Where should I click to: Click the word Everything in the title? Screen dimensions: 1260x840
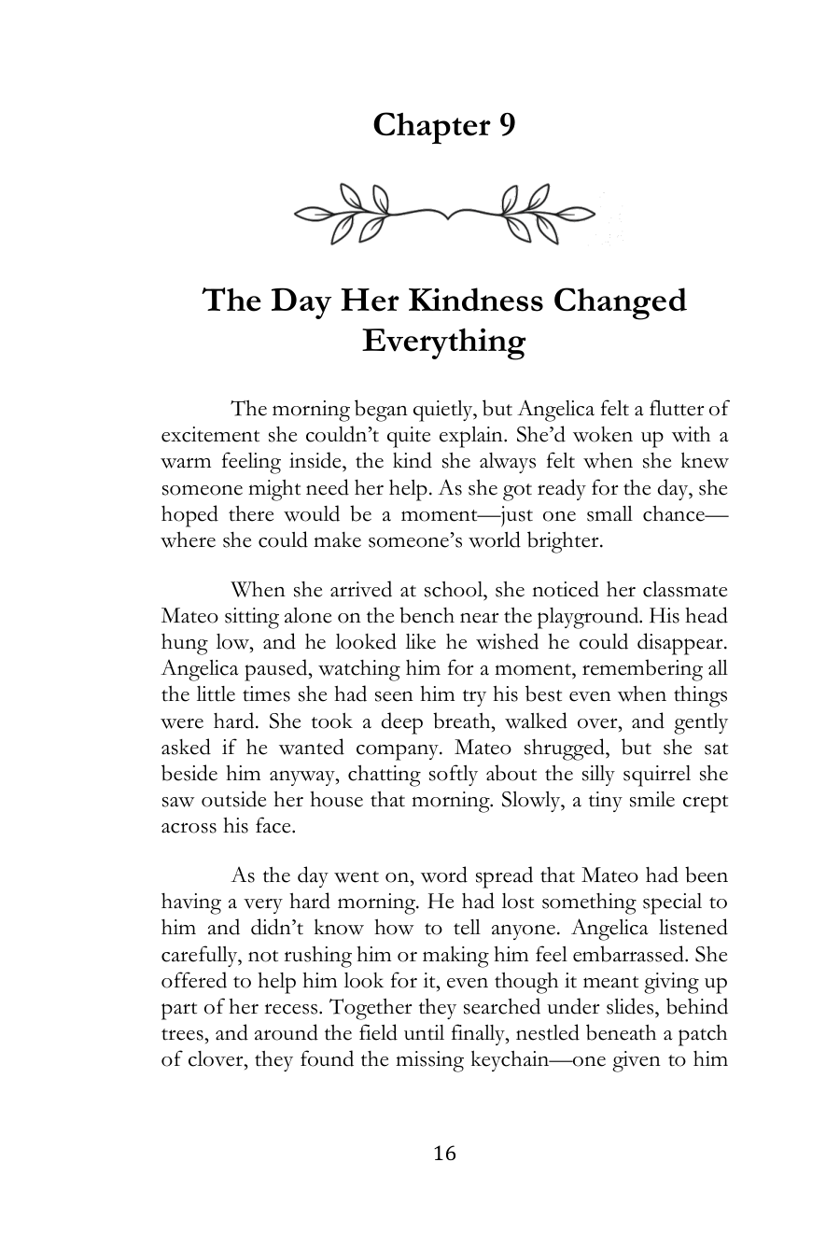click(x=443, y=341)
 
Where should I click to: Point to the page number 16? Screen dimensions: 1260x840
click(x=445, y=1154)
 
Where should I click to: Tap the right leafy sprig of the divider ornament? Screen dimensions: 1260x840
click(x=539, y=214)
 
